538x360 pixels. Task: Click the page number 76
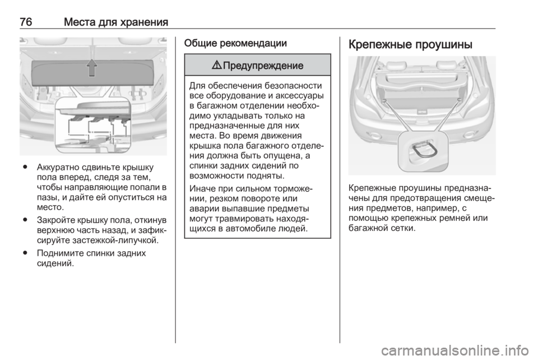(x=26, y=22)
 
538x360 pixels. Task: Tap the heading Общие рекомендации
(x=235, y=43)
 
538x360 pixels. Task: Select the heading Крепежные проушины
(x=410, y=45)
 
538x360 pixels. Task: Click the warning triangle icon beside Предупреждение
(x=217, y=65)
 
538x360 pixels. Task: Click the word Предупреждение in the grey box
(x=263, y=65)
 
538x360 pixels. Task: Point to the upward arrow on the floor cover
(x=91, y=67)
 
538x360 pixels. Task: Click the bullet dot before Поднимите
(x=25, y=253)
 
